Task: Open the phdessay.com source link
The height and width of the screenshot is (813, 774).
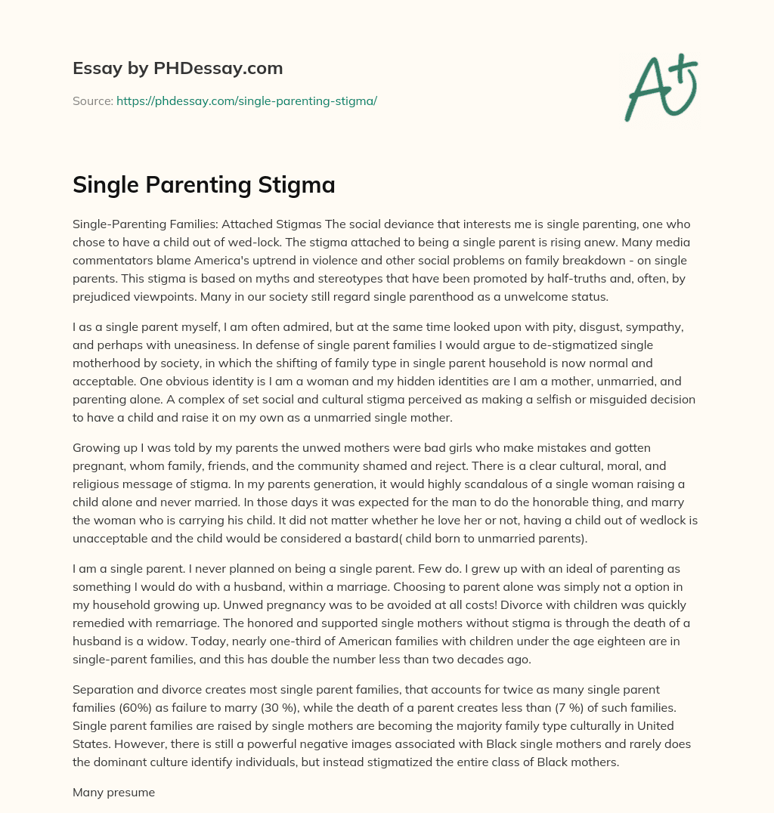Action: pyautogui.click(x=246, y=100)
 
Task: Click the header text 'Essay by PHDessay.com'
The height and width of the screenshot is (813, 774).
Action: pyautogui.click(x=178, y=69)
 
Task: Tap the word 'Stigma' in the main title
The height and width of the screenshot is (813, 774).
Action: pyautogui.click(x=300, y=185)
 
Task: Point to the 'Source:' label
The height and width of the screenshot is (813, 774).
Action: pyautogui.click(x=93, y=100)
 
